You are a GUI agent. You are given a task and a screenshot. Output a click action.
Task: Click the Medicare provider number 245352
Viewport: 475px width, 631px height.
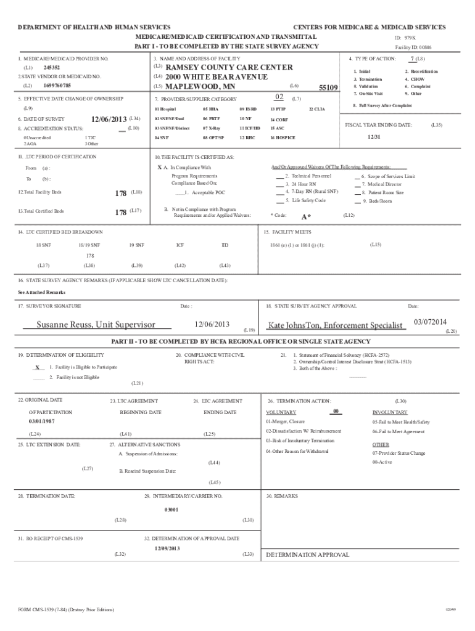click(52, 67)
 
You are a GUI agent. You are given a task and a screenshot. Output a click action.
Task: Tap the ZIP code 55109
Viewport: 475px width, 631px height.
click(328, 88)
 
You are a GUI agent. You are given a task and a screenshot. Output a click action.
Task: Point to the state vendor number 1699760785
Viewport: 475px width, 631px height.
click(57, 86)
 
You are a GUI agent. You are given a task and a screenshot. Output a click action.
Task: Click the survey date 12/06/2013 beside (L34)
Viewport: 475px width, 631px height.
click(109, 118)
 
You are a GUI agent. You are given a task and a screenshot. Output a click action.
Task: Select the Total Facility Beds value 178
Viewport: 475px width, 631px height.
click(122, 193)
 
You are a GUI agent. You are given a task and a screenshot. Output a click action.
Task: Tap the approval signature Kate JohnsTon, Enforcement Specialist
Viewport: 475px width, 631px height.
click(335, 325)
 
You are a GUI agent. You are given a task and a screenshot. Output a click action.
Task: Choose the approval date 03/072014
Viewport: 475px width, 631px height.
click(430, 321)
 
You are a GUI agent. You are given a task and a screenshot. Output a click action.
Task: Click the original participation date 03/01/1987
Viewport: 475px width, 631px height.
click(42, 421)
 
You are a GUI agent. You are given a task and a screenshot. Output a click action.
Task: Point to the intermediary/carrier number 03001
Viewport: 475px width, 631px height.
click(171, 510)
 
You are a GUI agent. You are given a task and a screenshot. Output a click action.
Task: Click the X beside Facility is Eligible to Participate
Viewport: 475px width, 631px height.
click(38, 367)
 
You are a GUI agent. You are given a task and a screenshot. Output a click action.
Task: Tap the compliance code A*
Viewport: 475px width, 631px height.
click(305, 217)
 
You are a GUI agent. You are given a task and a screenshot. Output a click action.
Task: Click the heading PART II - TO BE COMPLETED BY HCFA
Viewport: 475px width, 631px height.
click(241, 341)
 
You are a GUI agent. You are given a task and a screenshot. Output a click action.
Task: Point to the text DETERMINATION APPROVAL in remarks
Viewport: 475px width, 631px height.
click(307, 555)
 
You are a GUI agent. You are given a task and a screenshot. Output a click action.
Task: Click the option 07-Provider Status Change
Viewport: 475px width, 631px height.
click(399, 452)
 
